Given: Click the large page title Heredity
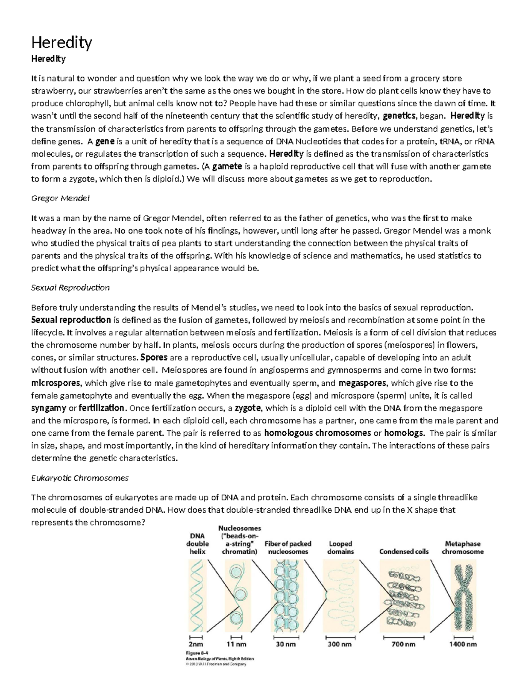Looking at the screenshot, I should [x=62, y=43].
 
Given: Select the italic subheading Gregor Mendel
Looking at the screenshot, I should [x=60, y=198].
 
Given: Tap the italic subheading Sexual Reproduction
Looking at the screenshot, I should [x=70, y=288].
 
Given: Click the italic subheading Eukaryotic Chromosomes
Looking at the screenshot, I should [x=80, y=478].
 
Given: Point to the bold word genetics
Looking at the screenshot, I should [x=399, y=116].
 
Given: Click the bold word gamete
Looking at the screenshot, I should [x=227, y=167].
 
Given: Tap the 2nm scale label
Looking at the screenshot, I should [x=196, y=644].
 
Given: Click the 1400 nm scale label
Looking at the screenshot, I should [x=463, y=644].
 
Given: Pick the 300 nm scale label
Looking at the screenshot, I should [x=339, y=644].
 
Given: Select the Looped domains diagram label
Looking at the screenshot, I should [x=340, y=548].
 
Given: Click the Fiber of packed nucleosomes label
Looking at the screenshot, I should [x=288, y=548].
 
